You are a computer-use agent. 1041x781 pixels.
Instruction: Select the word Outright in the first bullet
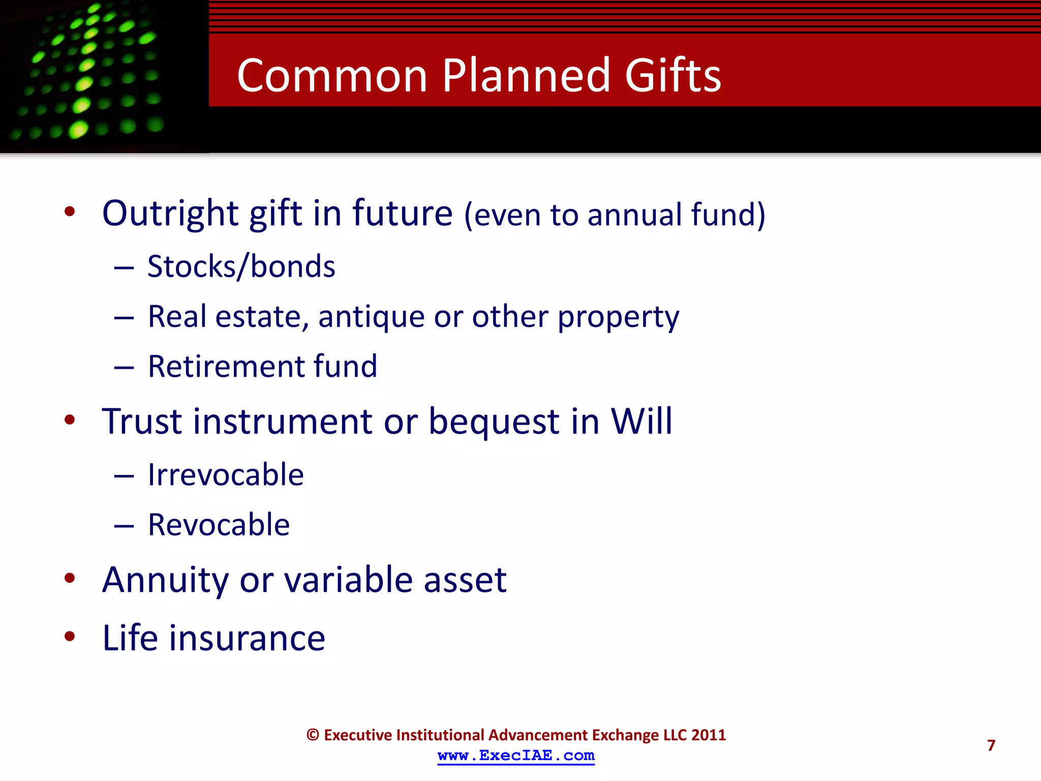point(170,213)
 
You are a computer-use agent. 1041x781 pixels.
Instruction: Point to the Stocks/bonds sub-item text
point(241,266)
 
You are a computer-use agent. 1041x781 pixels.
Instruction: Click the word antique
point(372,317)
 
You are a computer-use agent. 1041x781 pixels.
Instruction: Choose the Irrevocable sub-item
point(226,475)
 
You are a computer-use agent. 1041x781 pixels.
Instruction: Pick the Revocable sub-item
point(219,525)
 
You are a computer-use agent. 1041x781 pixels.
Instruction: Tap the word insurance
point(247,638)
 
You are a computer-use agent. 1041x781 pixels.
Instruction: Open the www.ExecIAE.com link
point(516,756)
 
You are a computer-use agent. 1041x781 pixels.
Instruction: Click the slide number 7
point(991,745)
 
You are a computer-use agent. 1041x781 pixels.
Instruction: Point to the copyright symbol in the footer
point(313,735)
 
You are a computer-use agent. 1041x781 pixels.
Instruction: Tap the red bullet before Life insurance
point(70,636)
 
